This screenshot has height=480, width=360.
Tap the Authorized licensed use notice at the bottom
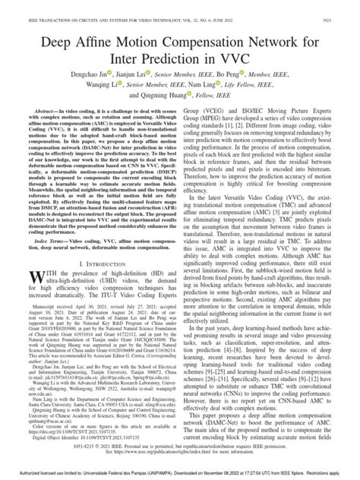179,474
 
